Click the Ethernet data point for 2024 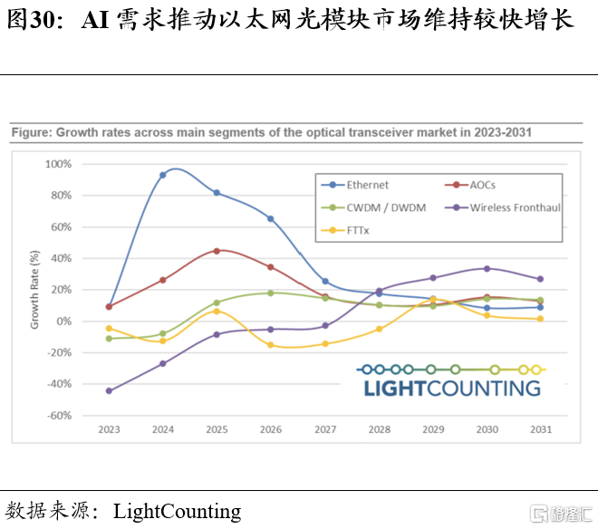click(163, 175)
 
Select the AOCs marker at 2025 click(217, 251)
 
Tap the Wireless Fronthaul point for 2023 click(109, 391)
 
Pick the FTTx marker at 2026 click(271, 345)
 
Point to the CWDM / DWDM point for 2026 click(271, 293)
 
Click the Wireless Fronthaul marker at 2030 click(487, 269)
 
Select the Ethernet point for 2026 click(271, 219)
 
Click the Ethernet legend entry click(354, 185)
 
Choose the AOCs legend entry click(470, 185)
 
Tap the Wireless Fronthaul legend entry click(503, 207)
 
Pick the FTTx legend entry click(345, 230)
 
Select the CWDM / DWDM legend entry click(373, 207)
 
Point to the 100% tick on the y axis click(58, 164)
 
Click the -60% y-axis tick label click(59, 416)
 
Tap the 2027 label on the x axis click(325, 429)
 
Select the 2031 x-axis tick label click(541, 429)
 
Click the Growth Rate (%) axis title click(34, 290)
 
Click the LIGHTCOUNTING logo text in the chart click(452, 389)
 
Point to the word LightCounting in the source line click(178, 512)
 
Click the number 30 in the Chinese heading click(43, 20)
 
